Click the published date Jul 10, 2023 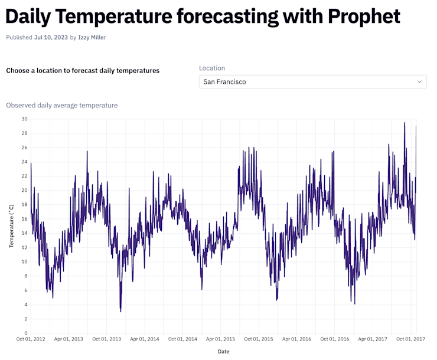pos(51,37)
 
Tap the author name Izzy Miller pos(92,37)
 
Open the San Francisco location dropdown pos(312,81)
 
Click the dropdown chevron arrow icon pos(419,81)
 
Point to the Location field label pos(211,68)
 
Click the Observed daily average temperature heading pos(61,105)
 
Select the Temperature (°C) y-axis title pos(11,226)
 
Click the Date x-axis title pos(223,352)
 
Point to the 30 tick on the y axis pos(24,119)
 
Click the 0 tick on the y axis pos(25,333)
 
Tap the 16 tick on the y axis pos(24,218)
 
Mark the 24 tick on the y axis pos(24,162)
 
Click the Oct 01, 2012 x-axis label pos(31,339)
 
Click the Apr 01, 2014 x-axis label pos(145,339)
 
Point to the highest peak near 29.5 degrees pos(405,123)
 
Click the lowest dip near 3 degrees pos(120,311)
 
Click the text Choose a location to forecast pos(83,70)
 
